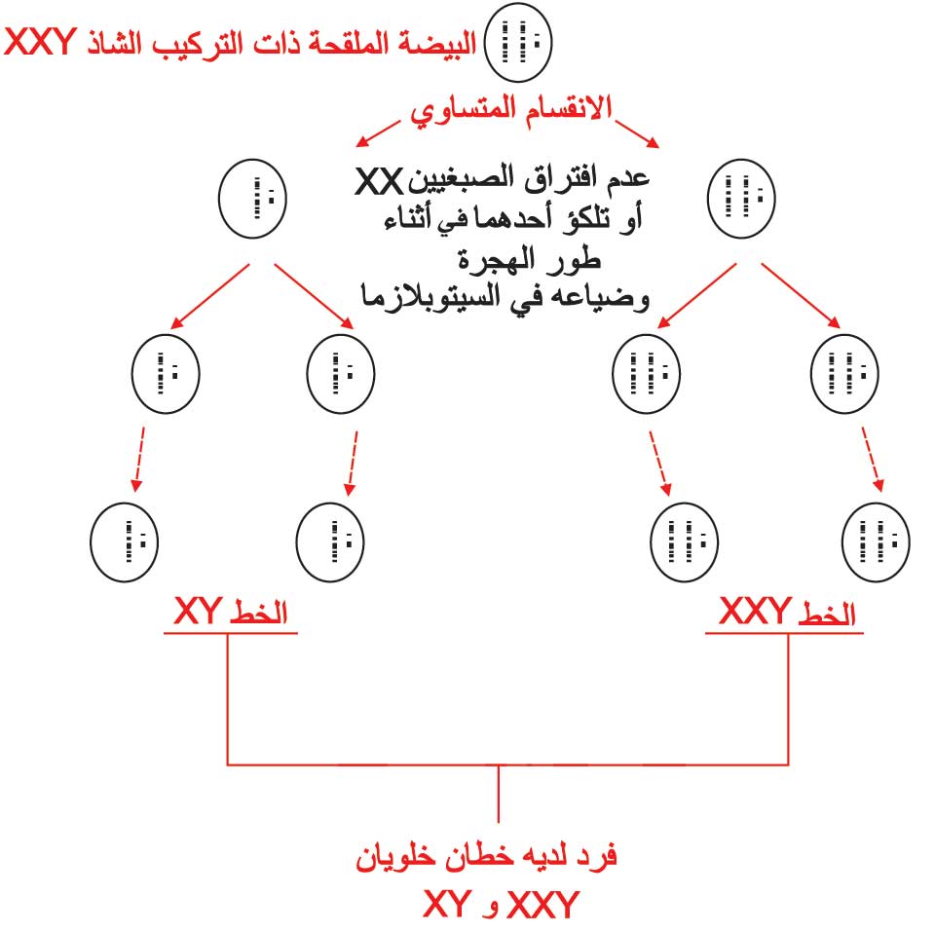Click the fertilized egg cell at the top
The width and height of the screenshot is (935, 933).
point(518,42)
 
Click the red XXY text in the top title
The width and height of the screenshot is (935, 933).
point(41,42)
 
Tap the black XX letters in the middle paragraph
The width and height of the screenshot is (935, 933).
point(379,181)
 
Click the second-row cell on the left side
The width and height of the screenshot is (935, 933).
point(253,199)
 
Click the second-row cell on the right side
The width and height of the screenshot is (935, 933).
point(741,199)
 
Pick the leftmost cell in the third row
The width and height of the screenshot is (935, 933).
point(166,374)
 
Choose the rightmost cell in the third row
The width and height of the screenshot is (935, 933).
point(845,374)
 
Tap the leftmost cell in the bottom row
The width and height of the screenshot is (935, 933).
point(124,541)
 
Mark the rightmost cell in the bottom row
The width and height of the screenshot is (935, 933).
point(876,541)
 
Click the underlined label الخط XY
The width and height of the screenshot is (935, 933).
point(231,613)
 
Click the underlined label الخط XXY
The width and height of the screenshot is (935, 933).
point(786,613)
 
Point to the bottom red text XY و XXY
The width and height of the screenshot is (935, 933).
point(501,904)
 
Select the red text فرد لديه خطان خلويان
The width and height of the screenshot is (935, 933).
point(486,858)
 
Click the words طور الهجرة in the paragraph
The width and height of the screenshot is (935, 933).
point(529,260)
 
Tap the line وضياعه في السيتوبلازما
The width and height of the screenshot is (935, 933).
point(505,296)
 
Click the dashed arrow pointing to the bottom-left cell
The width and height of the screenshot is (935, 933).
point(139,459)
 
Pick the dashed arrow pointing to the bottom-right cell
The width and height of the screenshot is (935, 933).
point(873,459)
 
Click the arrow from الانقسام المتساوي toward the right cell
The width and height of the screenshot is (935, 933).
point(637,133)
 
